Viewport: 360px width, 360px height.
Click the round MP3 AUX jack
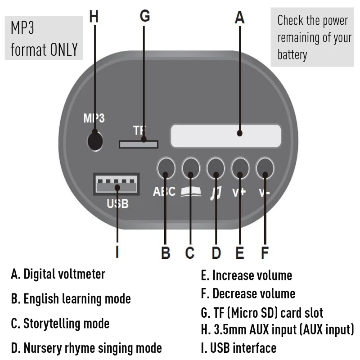[94, 140]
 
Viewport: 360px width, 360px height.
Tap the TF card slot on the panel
[139, 144]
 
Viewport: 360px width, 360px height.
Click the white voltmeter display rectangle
[225, 135]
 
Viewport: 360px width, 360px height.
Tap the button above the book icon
[191, 168]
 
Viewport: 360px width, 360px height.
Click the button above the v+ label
[240, 168]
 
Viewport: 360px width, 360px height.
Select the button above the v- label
[265, 168]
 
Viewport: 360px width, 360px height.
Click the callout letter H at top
[94, 17]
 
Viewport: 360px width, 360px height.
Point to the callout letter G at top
[144, 16]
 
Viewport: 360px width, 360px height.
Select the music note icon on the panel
[216, 193]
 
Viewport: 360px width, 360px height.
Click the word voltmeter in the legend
[81, 274]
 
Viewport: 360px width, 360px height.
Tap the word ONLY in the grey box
[64, 49]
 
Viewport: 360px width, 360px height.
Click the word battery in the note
[292, 55]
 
